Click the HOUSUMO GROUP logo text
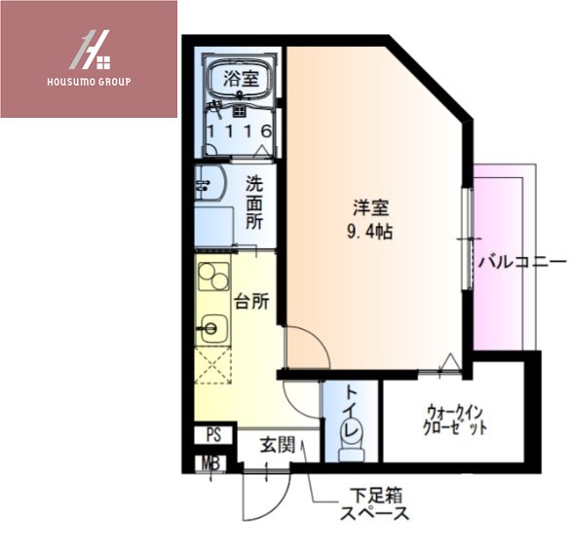(x=88, y=81)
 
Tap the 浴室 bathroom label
(x=242, y=80)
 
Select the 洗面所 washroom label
(x=253, y=201)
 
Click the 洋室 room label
(x=371, y=207)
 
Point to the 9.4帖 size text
(x=372, y=234)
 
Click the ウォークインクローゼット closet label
(x=454, y=420)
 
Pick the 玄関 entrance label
(x=278, y=446)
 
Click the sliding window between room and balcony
(x=468, y=216)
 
